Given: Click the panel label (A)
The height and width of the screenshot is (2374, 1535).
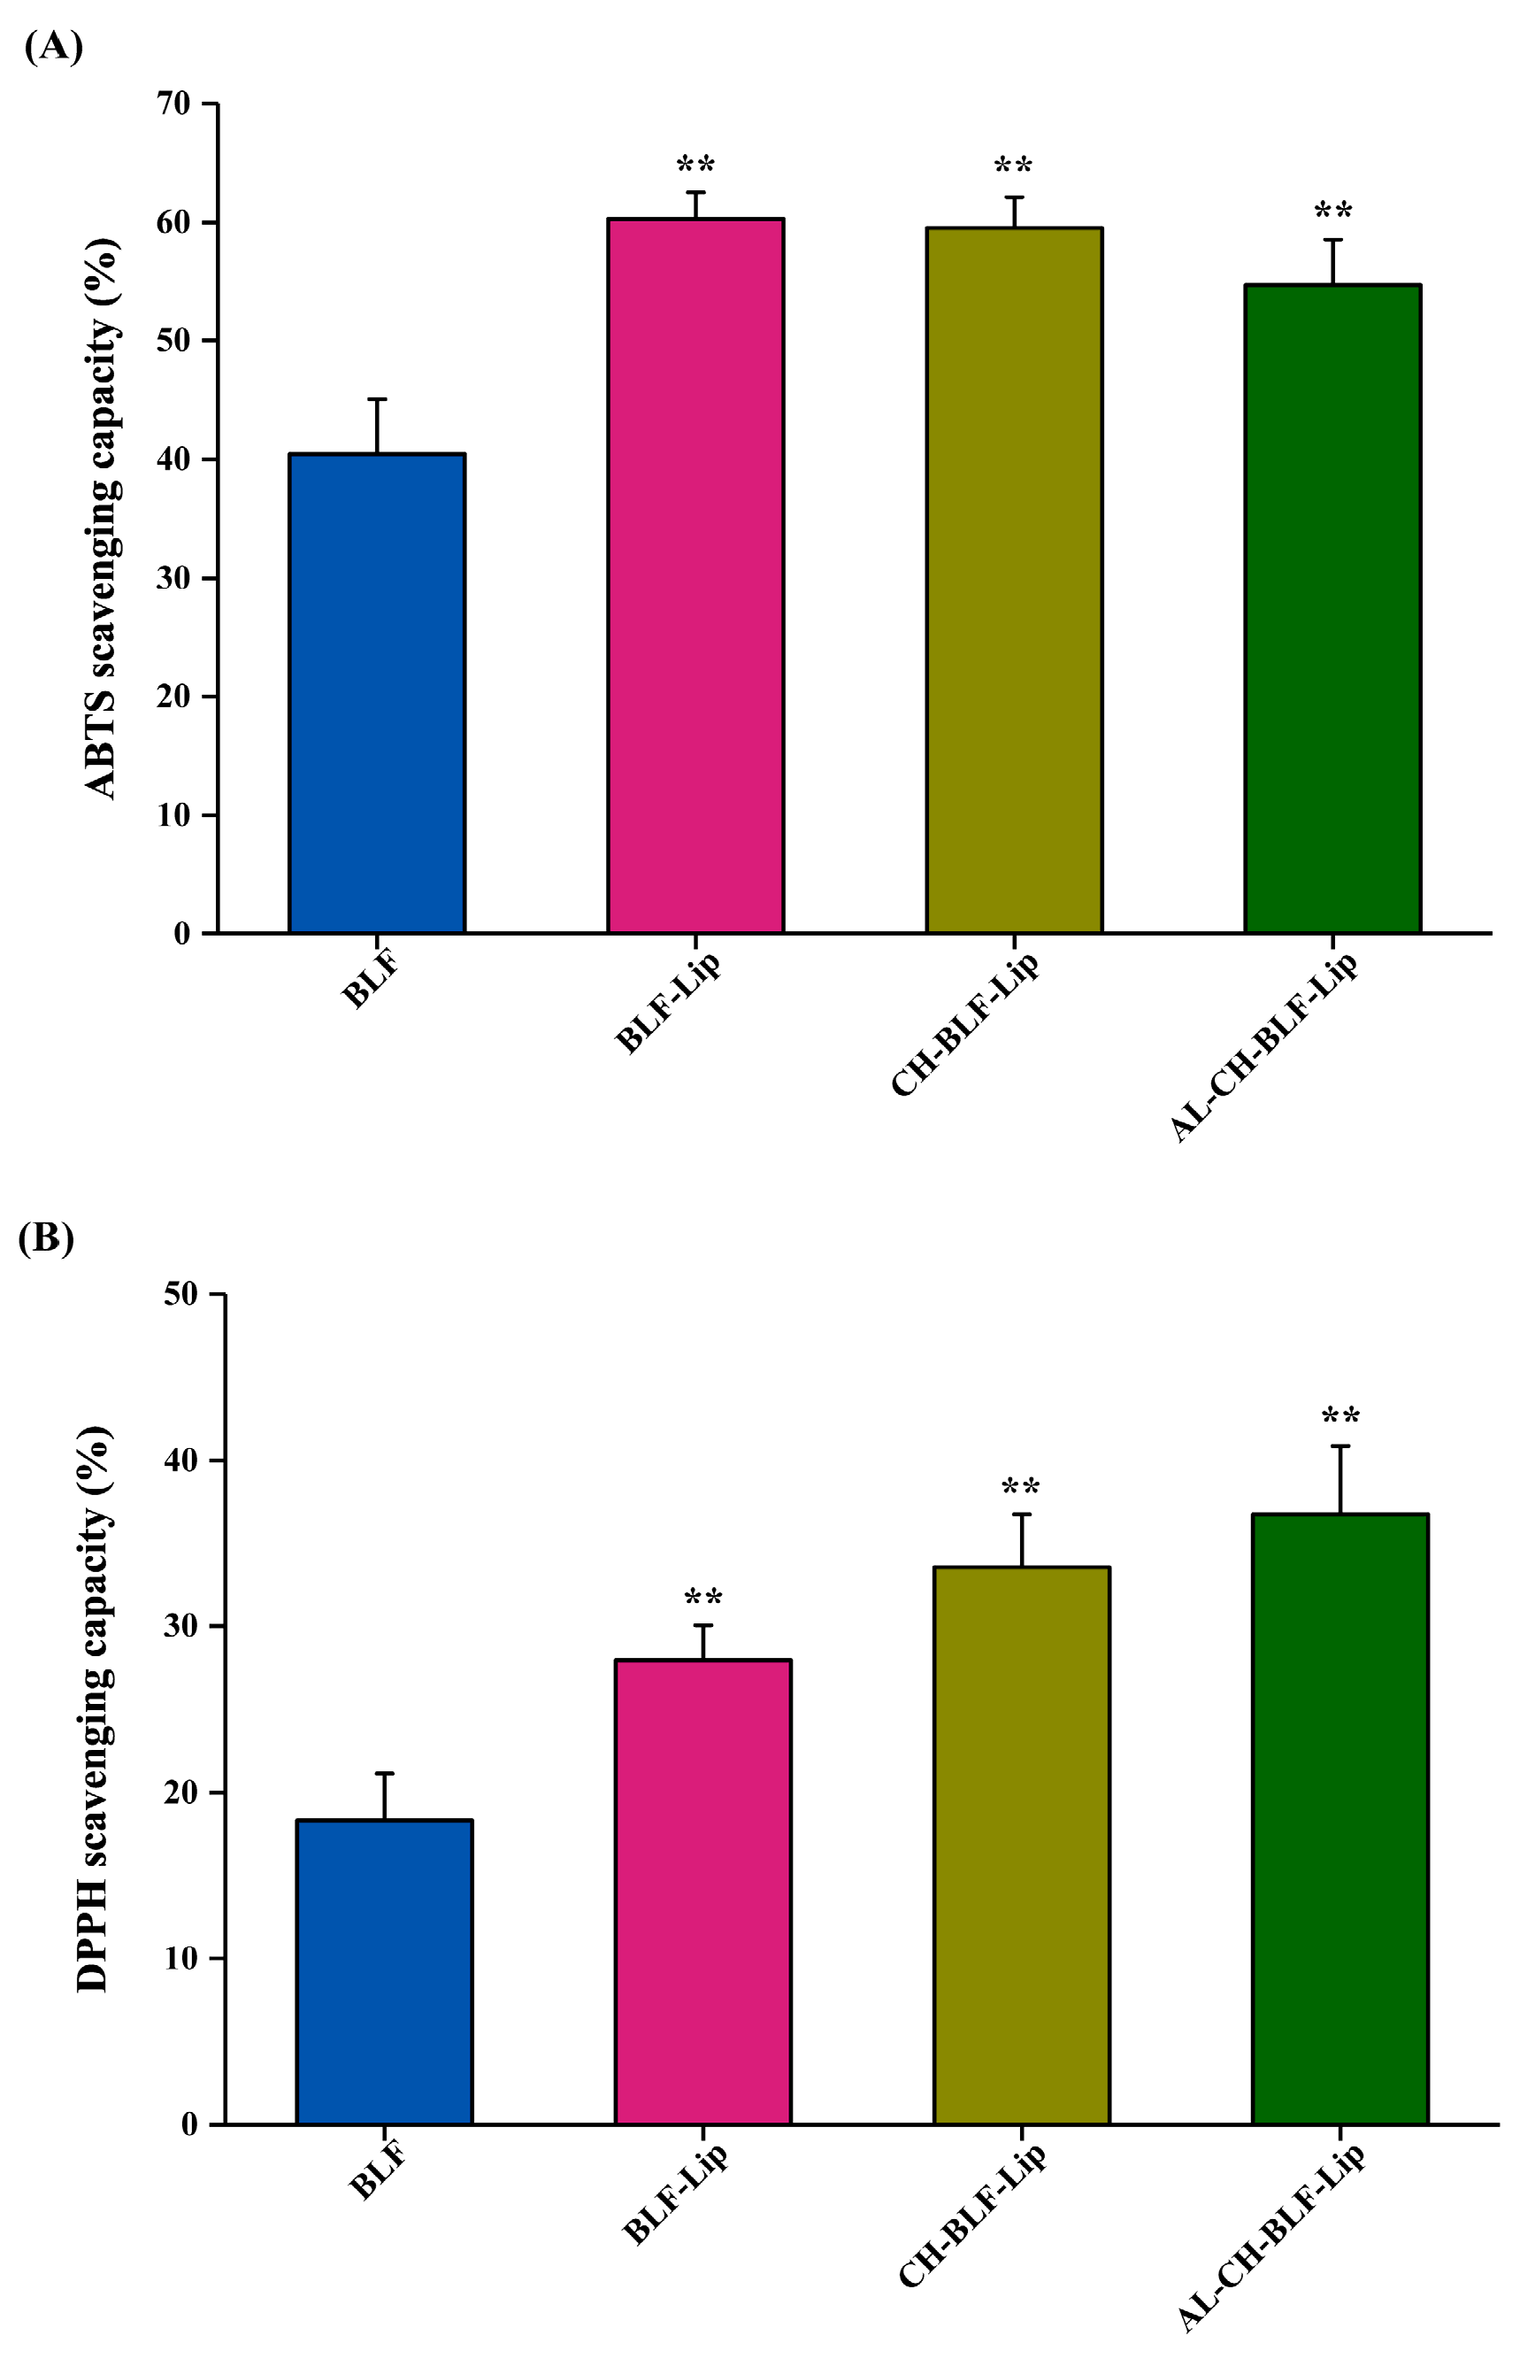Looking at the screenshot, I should point(53,46).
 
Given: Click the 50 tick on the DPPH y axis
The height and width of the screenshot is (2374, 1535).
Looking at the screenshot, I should point(181,1294).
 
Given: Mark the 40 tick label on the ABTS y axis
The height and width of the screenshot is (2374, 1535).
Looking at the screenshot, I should point(173,459).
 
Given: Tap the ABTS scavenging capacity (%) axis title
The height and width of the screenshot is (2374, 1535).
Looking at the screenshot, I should point(102,519).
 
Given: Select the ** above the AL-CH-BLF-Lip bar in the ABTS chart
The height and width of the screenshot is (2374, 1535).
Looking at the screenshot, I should point(1332,212).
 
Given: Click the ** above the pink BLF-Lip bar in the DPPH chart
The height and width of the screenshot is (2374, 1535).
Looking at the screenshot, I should point(702,1599).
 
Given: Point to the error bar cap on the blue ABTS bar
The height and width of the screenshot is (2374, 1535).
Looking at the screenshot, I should point(377,400).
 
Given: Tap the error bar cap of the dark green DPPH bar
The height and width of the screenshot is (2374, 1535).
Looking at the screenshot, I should point(1340,1445).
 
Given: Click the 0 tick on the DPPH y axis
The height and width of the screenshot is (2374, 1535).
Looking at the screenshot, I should point(189,2124).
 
